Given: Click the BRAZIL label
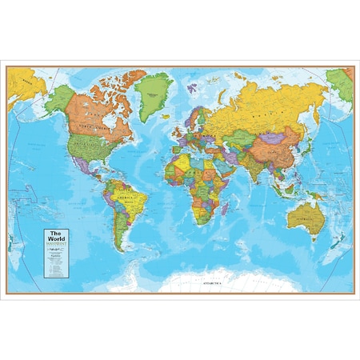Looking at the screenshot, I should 125,204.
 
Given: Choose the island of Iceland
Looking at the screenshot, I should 170,106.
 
